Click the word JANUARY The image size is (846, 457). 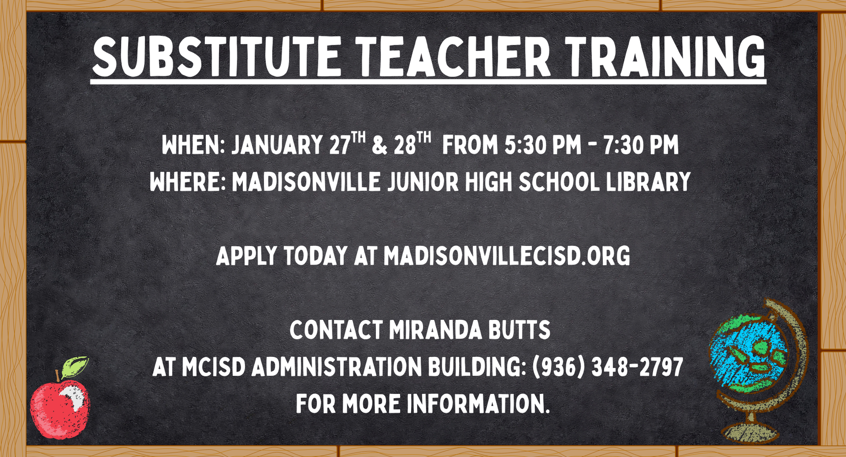[x=277, y=145]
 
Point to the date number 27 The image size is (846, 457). [x=339, y=145]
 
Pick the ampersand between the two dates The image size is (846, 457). [x=380, y=145]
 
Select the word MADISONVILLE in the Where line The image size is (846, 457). [x=306, y=182]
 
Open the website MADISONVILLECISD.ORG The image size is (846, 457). [x=507, y=256]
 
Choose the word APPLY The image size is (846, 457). [x=246, y=256]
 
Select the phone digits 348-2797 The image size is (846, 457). [x=637, y=367]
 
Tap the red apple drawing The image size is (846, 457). [x=59, y=409]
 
